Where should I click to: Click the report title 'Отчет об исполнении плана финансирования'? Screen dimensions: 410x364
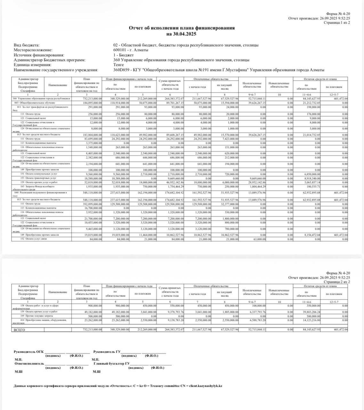click(x=182, y=28)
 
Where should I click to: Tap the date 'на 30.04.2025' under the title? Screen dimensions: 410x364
click(x=182, y=34)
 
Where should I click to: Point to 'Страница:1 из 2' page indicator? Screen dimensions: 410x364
click(x=336, y=23)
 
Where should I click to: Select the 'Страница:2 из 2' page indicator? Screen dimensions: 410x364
click(x=336, y=282)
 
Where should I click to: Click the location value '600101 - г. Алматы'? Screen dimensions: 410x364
click(x=131, y=50)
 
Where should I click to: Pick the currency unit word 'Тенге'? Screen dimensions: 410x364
click(x=118, y=65)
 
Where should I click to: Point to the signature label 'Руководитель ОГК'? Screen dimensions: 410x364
click(x=29, y=352)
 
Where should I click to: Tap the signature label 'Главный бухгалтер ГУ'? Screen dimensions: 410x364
click(x=111, y=364)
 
